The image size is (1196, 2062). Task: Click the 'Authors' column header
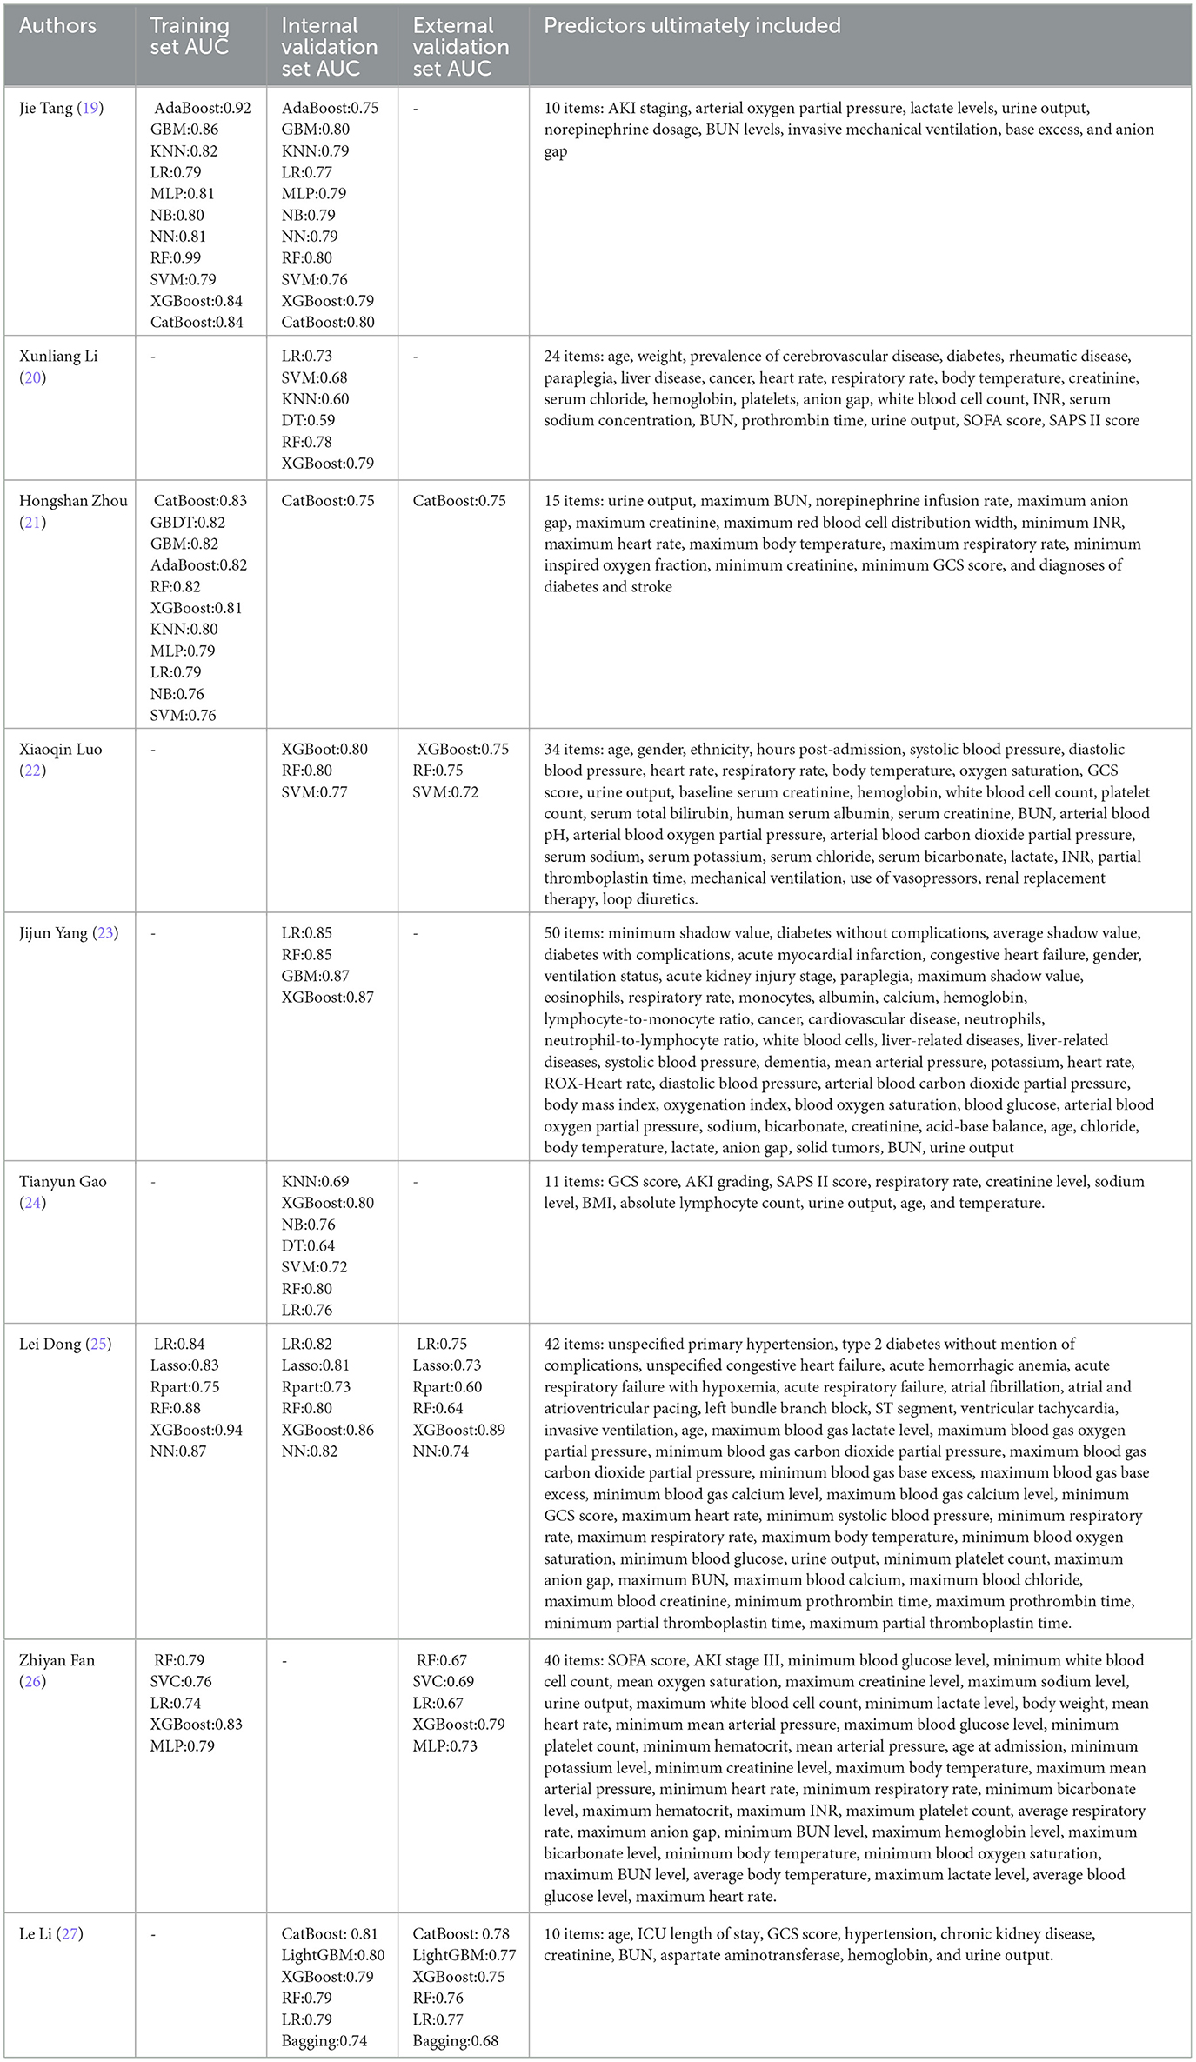tap(57, 26)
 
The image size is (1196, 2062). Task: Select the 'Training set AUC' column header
tap(190, 37)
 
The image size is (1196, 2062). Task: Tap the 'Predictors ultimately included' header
tap(692, 26)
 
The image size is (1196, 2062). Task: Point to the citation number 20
tap(33, 377)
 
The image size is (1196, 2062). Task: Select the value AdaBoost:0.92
tap(202, 108)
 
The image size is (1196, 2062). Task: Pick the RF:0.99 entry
tap(176, 257)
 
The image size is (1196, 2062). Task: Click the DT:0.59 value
tap(307, 420)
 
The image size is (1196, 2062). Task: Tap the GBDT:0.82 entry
tap(188, 522)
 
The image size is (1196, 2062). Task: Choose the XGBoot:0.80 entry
tap(324, 749)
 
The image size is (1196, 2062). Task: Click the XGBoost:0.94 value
tap(197, 1430)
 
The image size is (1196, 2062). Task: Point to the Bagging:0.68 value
tap(456, 2040)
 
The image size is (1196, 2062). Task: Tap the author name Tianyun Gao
tap(63, 1181)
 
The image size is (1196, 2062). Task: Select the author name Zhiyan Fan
tap(57, 1659)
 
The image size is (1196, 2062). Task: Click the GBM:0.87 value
tap(315, 976)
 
